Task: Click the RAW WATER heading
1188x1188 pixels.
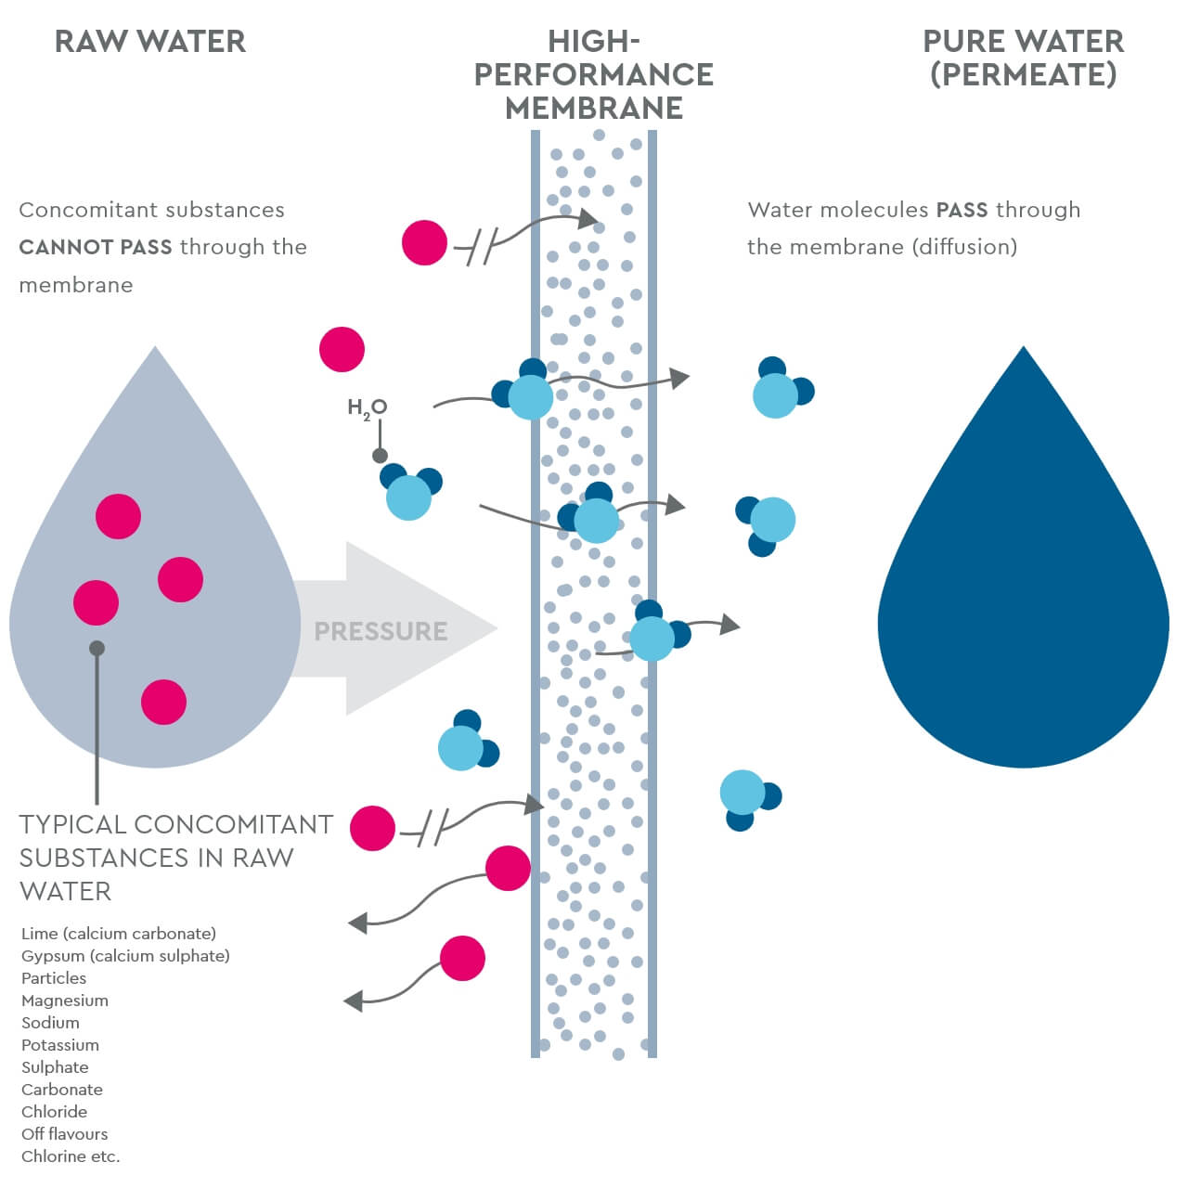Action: pyautogui.click(x=150, y=42)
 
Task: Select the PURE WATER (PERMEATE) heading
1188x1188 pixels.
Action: pyautogui.click(x=1023, y=58)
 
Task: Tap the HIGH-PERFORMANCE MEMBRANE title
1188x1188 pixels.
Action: pyautogui.click(x=594, y=75)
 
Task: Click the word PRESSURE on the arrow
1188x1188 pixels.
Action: pyautogui.click(x=381, y=631)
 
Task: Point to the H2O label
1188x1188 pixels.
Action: pyautogui.click(x=367, y=407)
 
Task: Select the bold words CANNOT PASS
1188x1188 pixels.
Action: pyautogui.click(x=96, y=247)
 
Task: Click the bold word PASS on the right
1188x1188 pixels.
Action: pyautogui.click(x=962, y=210)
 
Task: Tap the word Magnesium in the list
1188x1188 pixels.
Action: pyautogui.click(x=65, y=1001)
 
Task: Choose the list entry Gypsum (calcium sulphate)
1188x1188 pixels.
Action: pyautogui.click(x=125, y=956)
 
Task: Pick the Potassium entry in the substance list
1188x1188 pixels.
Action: pyautogui.click(x=60, y=1045)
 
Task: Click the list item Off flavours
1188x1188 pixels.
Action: pyautogui.click(x=65, y=1134)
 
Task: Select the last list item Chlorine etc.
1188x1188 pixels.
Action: pyautogui.click(x=71, y=1156)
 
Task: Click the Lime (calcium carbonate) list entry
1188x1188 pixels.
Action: pyautogui.click(x=119, y=934)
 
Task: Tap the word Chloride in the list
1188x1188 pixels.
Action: pyautogui.click(x=54, y=1112)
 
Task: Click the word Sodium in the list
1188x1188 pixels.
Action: pyautogui.click(x=50, y=1023)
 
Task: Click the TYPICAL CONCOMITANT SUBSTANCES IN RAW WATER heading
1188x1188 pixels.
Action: pyautogui.click(x=175, y=858)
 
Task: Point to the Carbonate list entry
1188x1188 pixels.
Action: pyautogui.click(x=62, y=1090)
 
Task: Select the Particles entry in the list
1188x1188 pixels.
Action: pyautogui.click(x=54, y=978)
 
